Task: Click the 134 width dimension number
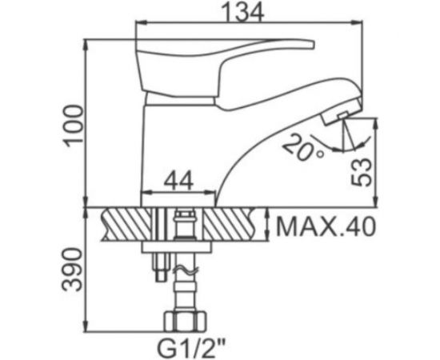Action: click(242, 12)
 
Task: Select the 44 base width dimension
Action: click(178, 181)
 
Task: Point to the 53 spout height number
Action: click(362, 172)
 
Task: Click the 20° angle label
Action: click(303, 148)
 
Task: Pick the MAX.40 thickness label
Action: click(326, 226)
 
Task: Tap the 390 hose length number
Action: click(73, 270)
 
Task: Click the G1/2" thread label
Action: click(192, 348)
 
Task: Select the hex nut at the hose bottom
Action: click(186, 321)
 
